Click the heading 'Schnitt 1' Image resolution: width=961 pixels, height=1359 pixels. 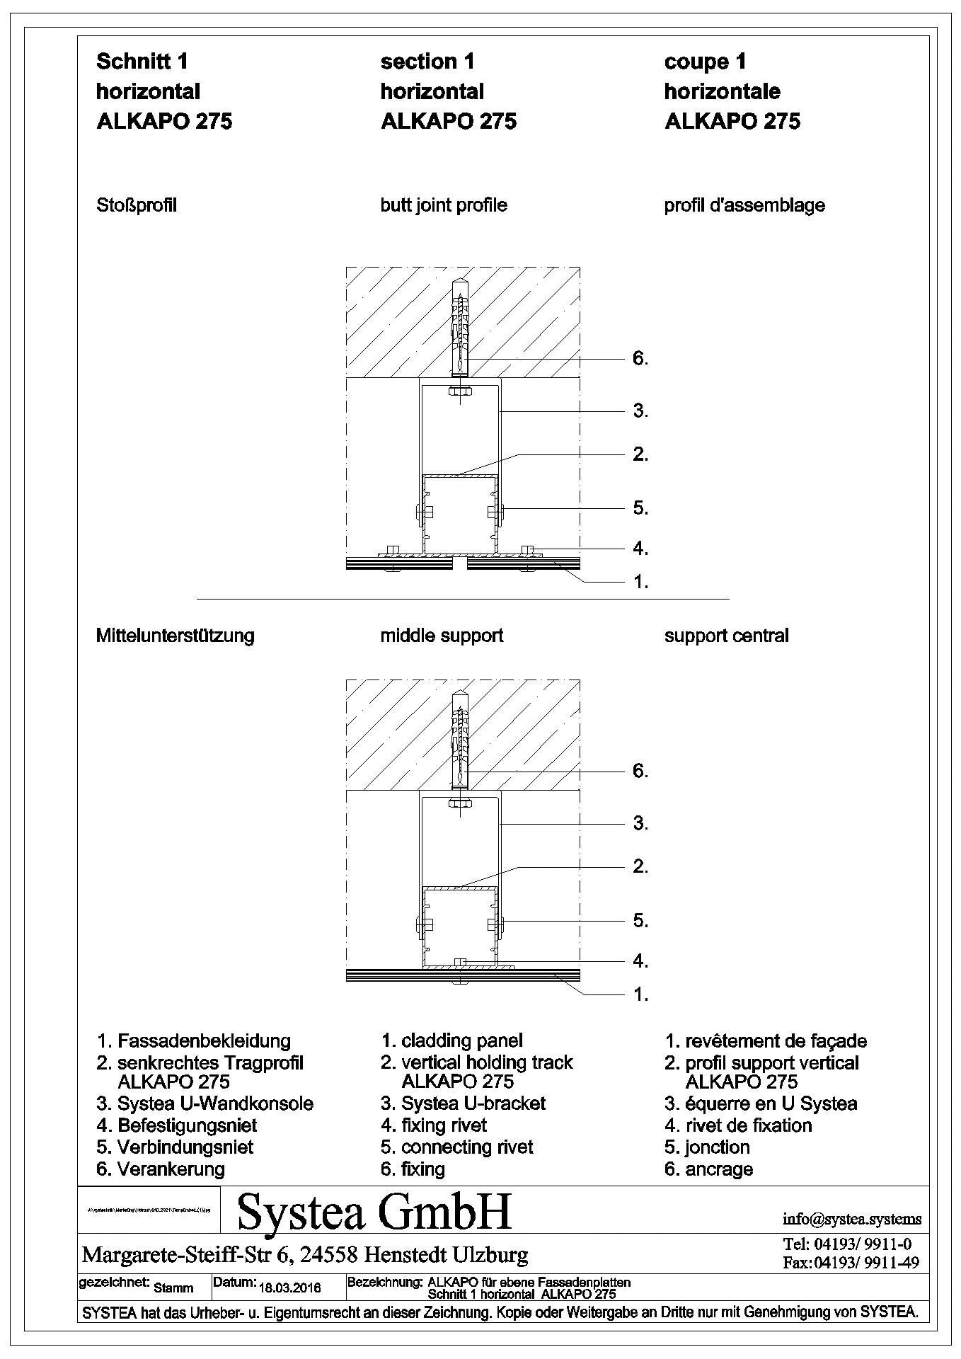[142, 62]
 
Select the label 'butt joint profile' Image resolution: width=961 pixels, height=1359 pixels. [443, 205]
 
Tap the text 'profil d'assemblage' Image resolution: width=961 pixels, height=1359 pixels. [744, 205]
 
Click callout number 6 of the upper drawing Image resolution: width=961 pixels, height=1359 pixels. [640, 359]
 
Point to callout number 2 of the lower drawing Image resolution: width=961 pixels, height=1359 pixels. [640, 866]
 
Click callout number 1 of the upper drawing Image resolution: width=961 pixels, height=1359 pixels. [640, 583]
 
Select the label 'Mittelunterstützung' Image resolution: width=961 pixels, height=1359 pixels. [175, 636]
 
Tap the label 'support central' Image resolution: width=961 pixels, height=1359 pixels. [726, 636]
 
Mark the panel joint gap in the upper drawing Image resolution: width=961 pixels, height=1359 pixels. [461, 564]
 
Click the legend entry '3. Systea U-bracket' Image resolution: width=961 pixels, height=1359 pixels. [463, 1103]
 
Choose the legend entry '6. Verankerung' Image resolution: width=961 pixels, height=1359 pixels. [161, 1169]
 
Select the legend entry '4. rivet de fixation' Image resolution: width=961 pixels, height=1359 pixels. [738, 1125]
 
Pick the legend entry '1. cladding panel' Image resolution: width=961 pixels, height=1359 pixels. [451, 1040]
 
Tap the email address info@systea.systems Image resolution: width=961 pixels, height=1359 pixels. [852, 1219]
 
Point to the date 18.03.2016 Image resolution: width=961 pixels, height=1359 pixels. [290, 1288]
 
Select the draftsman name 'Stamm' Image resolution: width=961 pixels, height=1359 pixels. [173, 1288]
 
